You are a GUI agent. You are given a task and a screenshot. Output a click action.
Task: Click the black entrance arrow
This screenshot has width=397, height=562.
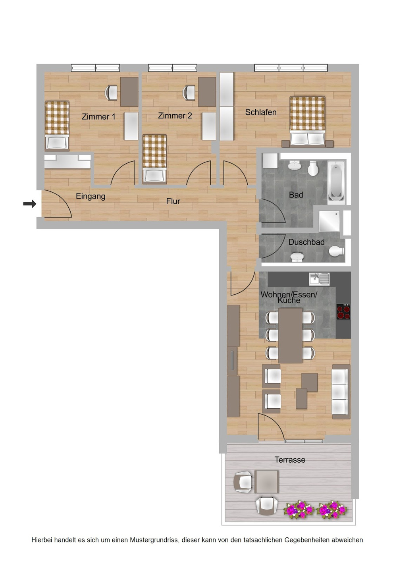[30, 204]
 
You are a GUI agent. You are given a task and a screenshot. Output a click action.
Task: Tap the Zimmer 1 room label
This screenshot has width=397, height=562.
[98, 116]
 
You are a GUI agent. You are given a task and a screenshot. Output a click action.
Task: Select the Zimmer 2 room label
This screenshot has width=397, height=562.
[175, 116]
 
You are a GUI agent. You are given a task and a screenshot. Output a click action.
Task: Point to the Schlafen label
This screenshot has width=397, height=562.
[260, 112]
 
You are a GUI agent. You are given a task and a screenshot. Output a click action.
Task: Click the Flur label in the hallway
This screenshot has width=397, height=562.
[173, 201]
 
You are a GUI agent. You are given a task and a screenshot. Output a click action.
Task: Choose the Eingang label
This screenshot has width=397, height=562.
[91, 196]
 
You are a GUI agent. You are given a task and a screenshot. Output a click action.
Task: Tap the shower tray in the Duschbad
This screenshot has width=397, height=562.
[329, 221]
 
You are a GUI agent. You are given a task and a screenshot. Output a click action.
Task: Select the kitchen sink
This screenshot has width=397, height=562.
[319, 278]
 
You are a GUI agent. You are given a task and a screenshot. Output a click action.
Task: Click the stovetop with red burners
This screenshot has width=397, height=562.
[343, 312]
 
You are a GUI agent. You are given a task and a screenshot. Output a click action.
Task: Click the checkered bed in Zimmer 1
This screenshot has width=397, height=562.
[57, 124]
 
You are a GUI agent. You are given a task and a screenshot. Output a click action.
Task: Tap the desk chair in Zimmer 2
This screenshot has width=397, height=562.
[189, 93]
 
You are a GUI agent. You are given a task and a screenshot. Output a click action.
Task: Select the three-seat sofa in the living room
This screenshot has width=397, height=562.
[341, 391]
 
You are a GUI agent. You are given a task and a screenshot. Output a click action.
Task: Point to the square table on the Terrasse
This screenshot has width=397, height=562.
[266, 481]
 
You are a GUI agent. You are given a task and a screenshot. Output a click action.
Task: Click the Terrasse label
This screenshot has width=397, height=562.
[290, 460]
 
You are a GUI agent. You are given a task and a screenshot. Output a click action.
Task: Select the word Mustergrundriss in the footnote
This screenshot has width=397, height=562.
[154, 540]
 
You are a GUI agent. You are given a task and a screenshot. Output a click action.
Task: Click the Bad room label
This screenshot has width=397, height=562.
[296, 195]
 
